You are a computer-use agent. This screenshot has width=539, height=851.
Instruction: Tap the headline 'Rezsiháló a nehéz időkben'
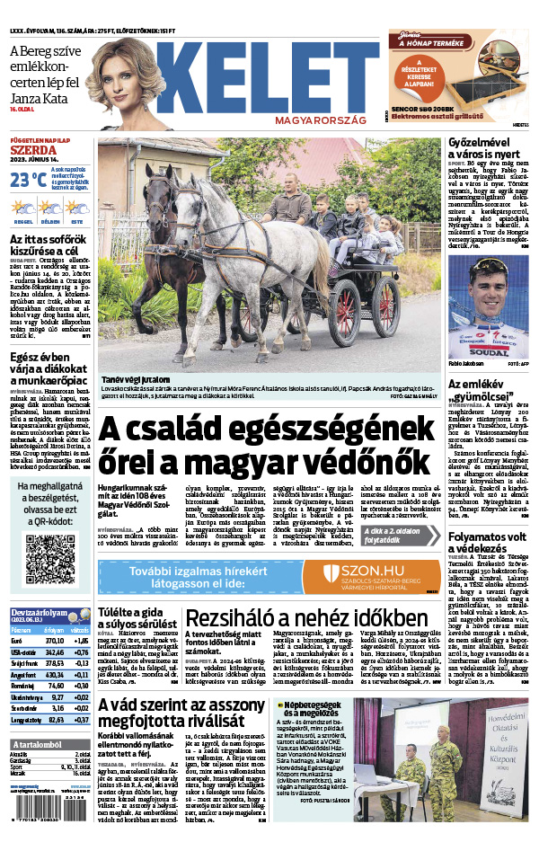tap(305, 619)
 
